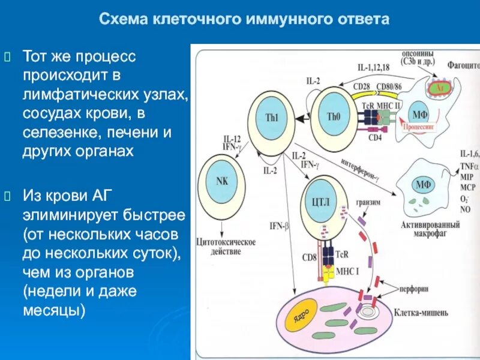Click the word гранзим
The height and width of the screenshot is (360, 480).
[368, 202]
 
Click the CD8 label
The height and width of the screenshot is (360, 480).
[309, 258]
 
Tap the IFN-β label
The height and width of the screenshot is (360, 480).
[279, 226]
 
